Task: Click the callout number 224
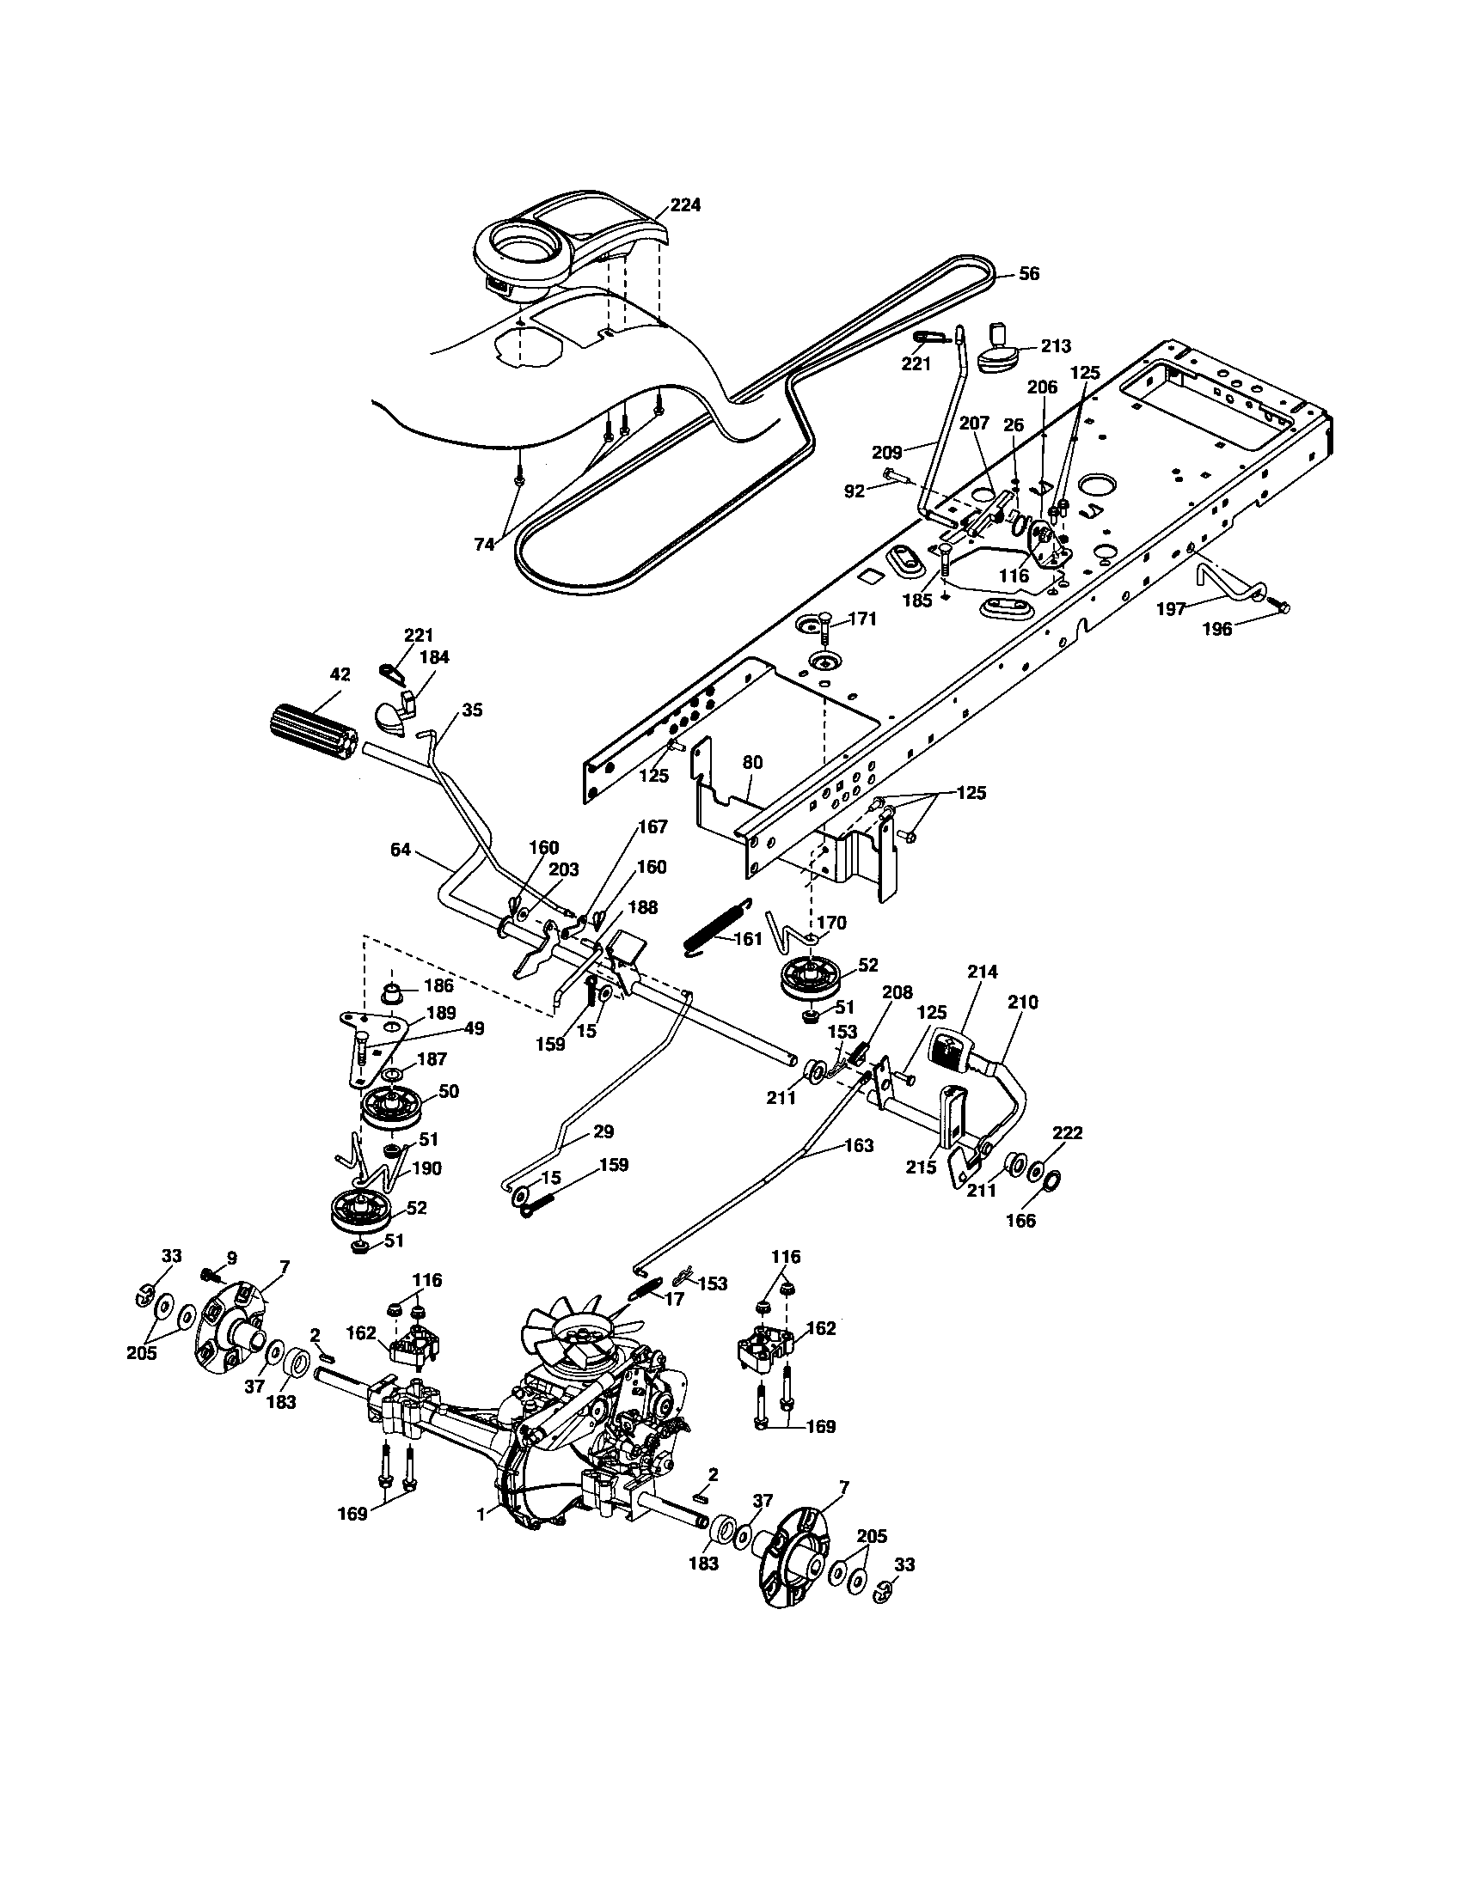685,205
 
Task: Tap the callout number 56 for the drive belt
1027,273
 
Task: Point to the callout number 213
1057,345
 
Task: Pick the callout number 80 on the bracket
752,763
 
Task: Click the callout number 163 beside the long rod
859,1145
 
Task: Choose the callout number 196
1217,630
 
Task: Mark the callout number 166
1021,1222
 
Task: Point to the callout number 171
862,619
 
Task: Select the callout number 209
887,451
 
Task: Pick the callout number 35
472,710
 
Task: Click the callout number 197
1171,609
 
